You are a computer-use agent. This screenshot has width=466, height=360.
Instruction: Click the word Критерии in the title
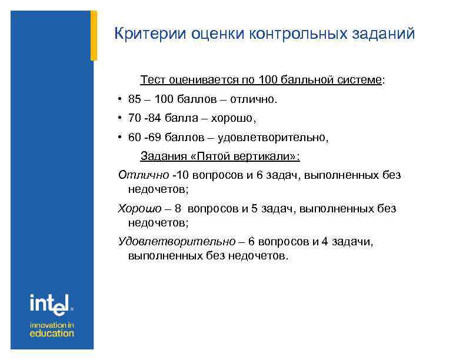click(149, 34)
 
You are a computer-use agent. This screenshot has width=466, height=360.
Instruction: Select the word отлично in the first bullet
click(252, 99)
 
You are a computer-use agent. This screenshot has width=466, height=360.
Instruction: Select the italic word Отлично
click(144, 175)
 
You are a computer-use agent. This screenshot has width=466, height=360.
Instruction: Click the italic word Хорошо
click(139, 208)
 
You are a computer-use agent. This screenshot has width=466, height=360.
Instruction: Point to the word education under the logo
click(52, 333)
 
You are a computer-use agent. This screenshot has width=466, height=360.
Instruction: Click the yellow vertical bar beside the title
click(94, 35)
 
